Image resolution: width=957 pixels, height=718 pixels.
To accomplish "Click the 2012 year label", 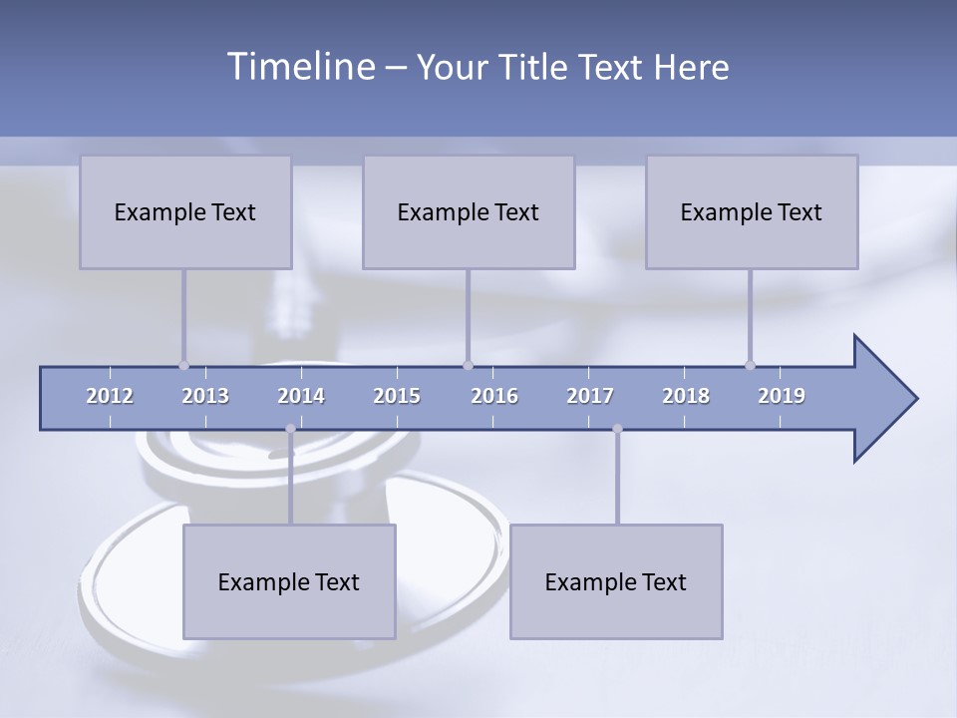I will [110, 396].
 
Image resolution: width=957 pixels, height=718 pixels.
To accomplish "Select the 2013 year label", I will [205, 396].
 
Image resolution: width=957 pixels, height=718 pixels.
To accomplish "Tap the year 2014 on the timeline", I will [301, 396].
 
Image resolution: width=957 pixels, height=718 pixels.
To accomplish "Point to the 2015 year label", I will [397, 396].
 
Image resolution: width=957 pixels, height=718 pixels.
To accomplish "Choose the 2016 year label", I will [494, 396].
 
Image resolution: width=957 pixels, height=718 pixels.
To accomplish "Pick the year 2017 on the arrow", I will [590, 396].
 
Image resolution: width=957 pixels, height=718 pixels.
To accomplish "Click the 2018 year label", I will [686, 396].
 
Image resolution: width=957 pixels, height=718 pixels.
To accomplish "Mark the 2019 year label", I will [782, 396].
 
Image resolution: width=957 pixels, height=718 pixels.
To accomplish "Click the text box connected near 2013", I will [185, 211].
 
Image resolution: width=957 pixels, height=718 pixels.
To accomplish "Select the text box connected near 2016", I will [469, 211].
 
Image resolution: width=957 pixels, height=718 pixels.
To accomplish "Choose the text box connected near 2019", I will [752, 211].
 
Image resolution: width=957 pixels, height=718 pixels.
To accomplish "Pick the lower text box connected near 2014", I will [289, 581].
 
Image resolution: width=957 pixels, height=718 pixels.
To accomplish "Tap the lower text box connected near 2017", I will [616, 581].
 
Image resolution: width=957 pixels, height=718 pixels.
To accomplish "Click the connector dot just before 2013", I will [183, 365].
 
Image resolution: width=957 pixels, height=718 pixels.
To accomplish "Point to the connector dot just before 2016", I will [468, 365].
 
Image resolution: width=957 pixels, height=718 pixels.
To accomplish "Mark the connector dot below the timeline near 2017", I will [617, 429].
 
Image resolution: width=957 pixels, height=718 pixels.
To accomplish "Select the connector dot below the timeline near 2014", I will [290, 429].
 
